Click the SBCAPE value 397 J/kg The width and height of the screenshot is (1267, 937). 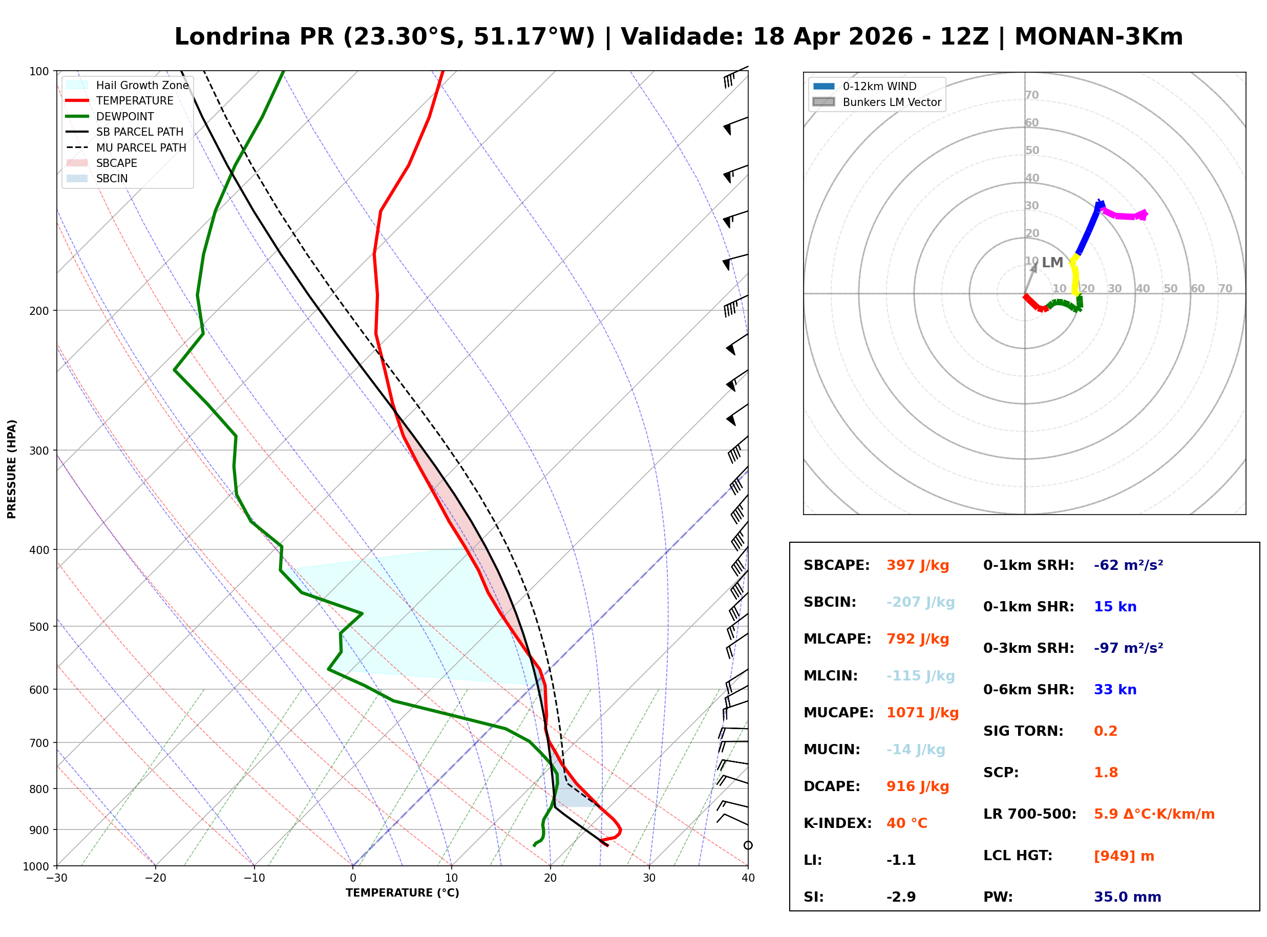pyautogui.click(x=917, y=565)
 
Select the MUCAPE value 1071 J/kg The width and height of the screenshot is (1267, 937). pyautogui.click(x=922, y=713)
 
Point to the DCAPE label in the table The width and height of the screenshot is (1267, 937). pyautogui.click(x=831, y=786)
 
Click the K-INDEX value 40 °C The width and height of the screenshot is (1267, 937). pyautogui.click(x=906, y=823)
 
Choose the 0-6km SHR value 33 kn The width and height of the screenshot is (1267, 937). pyautogui.click(x=1114, y=690)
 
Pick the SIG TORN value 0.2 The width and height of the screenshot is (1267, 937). pyautogui.click(x=1105, y=731)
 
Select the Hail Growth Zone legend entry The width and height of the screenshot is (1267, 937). pyautogui.click(x=142, y=85)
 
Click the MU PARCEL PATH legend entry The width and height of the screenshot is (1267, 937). pyautogui.click(x=141, y=147)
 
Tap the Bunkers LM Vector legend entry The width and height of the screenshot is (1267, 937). pyautogui.click(x=891, y=102)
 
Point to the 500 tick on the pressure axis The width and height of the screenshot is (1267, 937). pyautogui.click(x=38, y=627)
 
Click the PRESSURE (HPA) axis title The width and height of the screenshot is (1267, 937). pyautogui.click(x=12, y=469)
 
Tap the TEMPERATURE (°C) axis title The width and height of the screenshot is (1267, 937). pyautogui.click(x=402, y=893)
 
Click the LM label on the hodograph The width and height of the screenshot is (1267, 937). pyautogui.click(x=1052, y=263)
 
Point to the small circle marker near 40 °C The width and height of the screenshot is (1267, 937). pyautogui.click(x=748, y=846)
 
